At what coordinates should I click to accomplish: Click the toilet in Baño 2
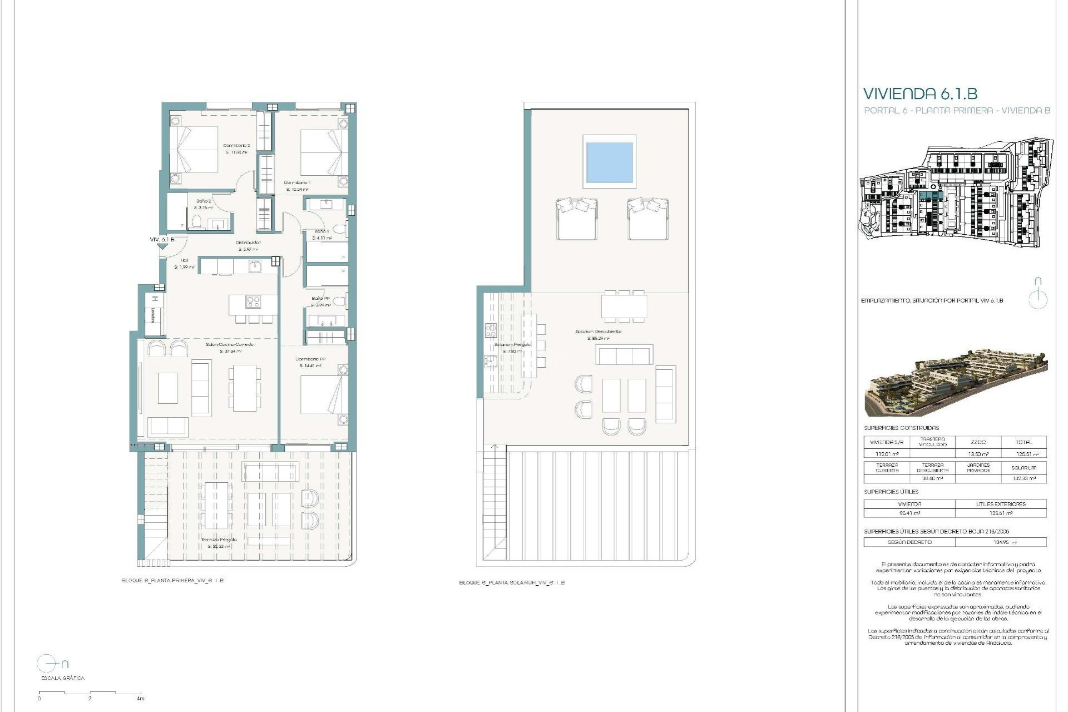(196, 223)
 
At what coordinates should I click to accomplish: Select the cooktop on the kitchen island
(253, 302)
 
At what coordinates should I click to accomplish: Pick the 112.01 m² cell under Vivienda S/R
(887, 454)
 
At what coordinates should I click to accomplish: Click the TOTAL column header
(1023, 442)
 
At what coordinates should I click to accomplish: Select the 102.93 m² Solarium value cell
(1023, 478)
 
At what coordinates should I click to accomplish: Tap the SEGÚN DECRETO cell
(909, 542)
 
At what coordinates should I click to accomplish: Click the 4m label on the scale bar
(140, 699)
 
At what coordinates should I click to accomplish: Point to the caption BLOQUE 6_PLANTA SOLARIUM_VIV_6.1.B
(512, 583)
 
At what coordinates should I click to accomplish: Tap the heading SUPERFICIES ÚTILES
(891, 492)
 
